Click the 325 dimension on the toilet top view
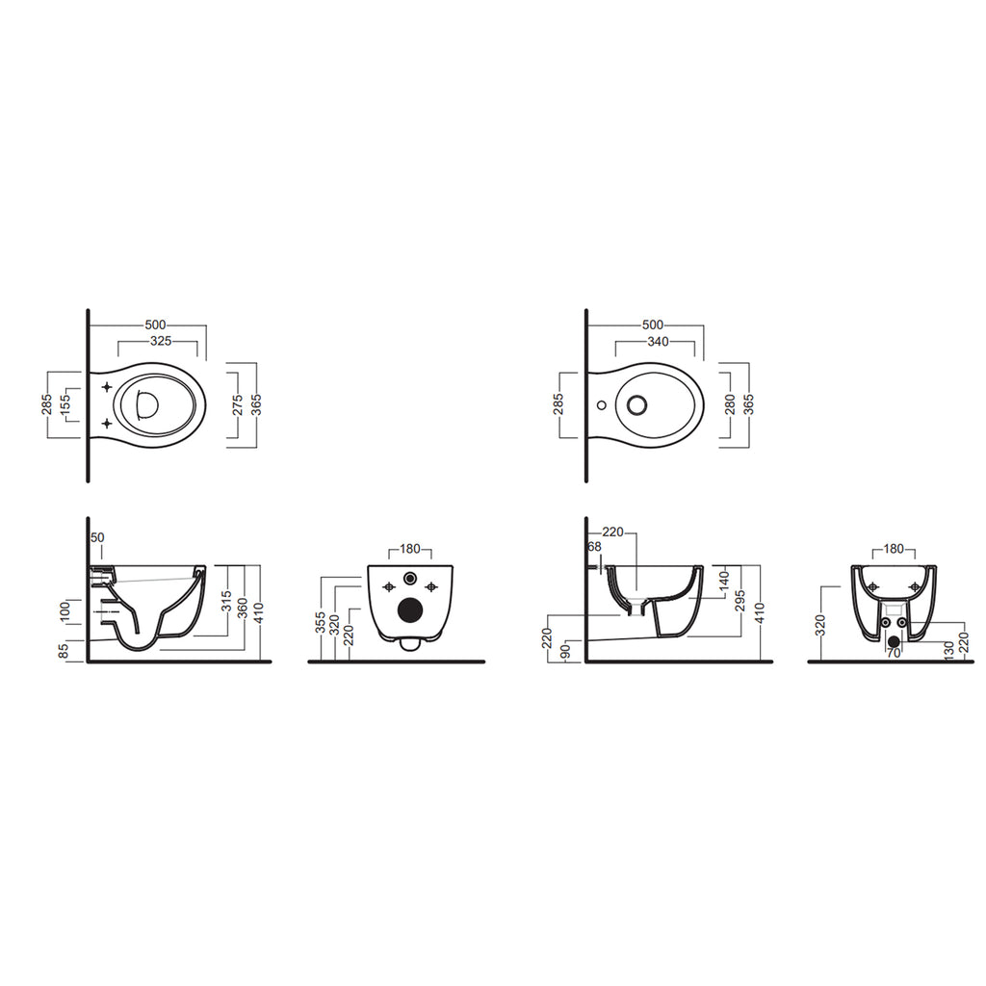coord(161,341)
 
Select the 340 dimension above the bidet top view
coord(658,342)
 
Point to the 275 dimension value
coord(238,405)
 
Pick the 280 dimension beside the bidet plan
coord(730,405)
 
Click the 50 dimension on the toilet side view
coord(97,537)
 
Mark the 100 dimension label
coord(65,611)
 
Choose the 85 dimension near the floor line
coord(64,651)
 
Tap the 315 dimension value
coord(227,603)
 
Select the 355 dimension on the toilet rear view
coord(321,623)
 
